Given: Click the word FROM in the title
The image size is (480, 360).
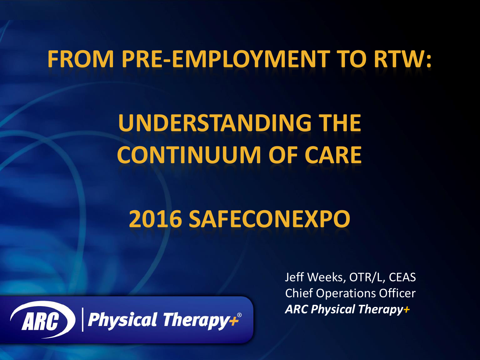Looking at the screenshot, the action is coord(81,59).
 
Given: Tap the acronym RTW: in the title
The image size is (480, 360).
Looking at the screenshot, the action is coord(403,59).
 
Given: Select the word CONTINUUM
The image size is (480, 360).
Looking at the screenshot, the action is coord(189,155).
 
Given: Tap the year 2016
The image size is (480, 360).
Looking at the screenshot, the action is coord(156,219).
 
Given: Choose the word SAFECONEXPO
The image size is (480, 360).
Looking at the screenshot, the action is coord(269,219).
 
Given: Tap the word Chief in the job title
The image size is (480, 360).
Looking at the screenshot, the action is coord(299,293).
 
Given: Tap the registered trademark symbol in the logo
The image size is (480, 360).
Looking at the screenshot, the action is coord(239,315).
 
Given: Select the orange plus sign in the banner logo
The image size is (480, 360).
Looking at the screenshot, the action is coord(234,322).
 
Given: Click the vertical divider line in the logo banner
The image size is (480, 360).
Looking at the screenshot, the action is coord(83,320).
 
